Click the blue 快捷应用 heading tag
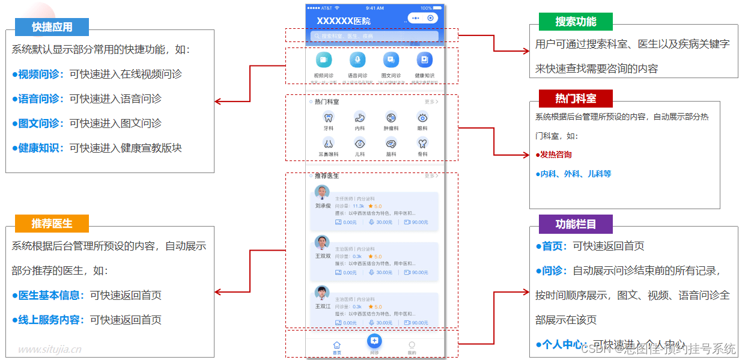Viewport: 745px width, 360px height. pyautogui.click(x=52, y=27)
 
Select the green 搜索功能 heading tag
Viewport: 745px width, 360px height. pyautogui.click(x=575, y=22)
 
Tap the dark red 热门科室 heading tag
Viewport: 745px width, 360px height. pyautogui.click(x=575, y=98)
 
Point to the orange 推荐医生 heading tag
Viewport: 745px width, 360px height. pyautogui.click(x=52, y=224)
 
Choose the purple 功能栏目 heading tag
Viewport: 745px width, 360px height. pyautogui.click(x=575, y=224)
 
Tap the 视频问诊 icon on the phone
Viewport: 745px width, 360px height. pyautogui.click(x=323, y=60)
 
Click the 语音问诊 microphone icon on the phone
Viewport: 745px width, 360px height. pyautogui.click(x=357, y=60)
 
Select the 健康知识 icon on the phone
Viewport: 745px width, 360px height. pyautogui.click(x=425, y=60)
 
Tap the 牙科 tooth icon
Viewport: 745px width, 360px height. pyautogui.click(x=329, y=117)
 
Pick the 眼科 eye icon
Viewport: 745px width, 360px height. pyautogui.click(x=422, y=117)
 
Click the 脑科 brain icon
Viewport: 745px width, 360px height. pyautogui.click(x=391, y=143)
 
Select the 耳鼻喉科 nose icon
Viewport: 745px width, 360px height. pyautogui.click(x=329, y=143)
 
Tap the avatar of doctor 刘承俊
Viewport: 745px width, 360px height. pyautogui.click(x=322, y=192)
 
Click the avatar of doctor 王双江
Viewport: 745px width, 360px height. pyautogui.click(x=322, y=293)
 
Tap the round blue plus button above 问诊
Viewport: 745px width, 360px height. pyautogui.click(x=374, y=341)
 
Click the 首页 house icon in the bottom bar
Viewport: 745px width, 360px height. pyautogui.click(x=336, y=346)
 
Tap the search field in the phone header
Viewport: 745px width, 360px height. pyautogui.click(x=374, y=36)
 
